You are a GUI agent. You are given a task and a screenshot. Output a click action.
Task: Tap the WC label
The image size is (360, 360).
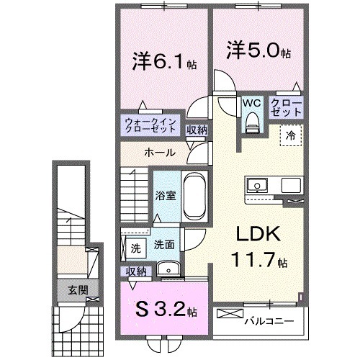(251, 104)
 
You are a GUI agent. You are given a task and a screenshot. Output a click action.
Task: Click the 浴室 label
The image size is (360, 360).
(165, 194)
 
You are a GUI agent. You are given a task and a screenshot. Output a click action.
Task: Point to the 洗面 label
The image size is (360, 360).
(164, 245)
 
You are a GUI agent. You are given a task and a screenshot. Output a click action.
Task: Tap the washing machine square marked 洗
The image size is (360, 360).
(135, 248)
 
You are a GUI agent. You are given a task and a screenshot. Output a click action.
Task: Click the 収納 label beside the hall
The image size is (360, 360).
(197, 130)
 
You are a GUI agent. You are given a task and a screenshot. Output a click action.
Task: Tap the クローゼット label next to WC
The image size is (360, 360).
(286, 109)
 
